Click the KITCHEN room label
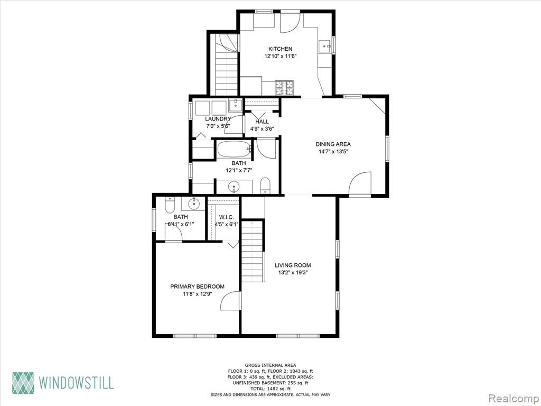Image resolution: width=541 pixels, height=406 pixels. [x=281, y=49]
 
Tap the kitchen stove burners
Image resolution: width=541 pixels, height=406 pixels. [x=284, y=88]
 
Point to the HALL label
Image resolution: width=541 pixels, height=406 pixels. [x=262, y=122]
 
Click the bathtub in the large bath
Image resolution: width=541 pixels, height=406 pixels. [x=234, y=150]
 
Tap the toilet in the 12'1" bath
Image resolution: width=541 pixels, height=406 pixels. [x=265, y=186]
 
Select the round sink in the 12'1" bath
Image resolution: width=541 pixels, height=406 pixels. [x=235, y=187]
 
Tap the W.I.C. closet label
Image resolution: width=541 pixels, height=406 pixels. [x=226, y=217]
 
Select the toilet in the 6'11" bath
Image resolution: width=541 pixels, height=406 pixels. [x=170, y=205]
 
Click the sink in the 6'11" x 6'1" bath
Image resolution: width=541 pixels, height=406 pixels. [x=194, y=204]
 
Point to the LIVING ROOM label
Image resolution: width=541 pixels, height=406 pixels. [x=293, y=265]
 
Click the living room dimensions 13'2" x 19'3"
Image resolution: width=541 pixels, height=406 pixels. [x=293, y=272]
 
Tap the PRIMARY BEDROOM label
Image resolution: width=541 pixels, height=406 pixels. [x=197, y=287]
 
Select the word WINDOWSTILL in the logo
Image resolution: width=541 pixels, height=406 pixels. [x=76, y=383]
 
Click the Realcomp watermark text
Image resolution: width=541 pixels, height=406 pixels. [x=513, y=398]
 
